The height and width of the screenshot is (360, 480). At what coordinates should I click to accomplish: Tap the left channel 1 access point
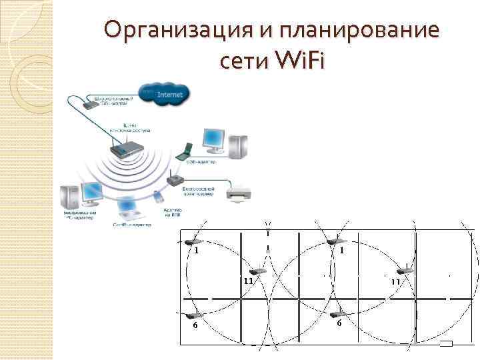(194, 242)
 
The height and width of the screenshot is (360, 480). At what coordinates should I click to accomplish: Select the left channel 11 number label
(248, 282)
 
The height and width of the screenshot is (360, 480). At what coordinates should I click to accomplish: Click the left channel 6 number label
(194, 325)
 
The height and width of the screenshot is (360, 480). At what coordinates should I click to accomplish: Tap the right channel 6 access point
(337, 314)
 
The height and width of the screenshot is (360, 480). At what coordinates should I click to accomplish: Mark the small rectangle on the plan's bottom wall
(447, 344)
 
